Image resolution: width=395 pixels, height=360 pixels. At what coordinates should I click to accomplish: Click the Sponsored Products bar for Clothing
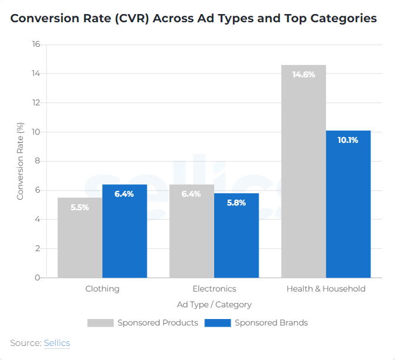[80, 237]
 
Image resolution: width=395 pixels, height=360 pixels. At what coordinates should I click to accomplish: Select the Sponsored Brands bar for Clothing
[124, 231]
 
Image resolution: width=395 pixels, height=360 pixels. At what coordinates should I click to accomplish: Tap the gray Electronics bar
[191, 231]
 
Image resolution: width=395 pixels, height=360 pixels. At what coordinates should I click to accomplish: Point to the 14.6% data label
[303, 74]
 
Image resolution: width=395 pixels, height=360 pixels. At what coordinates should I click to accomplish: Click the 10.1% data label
[348, 140]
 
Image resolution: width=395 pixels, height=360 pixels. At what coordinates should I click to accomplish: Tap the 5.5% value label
[80, 207]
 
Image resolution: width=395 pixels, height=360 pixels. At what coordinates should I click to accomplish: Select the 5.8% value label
[236, 203]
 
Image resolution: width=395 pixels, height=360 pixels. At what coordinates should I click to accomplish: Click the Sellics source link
[57, 342]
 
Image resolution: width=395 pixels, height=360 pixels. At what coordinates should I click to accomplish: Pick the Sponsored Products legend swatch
[100, 323]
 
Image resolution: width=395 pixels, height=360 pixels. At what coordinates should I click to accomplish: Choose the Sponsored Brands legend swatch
[217, 323]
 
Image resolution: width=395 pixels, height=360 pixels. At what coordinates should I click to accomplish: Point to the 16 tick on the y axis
[36, 44]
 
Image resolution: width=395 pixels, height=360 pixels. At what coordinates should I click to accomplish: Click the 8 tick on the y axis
[37, 161]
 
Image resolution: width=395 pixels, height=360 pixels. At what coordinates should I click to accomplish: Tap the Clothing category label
[102, 289]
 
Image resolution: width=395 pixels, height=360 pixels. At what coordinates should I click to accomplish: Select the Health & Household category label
[325, 289]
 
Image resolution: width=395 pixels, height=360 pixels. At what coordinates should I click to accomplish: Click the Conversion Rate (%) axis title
[20, 161]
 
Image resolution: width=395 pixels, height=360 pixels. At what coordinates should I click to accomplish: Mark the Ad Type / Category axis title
[214, 304]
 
